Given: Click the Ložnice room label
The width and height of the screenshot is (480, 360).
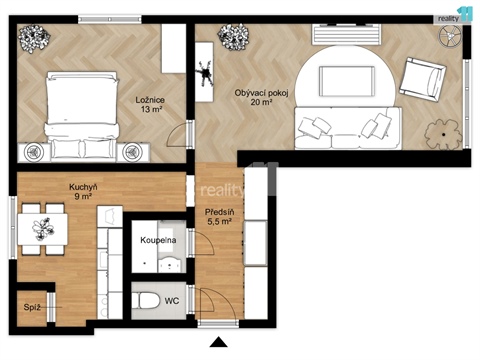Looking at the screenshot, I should coord(150,99).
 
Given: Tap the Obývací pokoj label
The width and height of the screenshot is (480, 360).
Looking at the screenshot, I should coord(261,92).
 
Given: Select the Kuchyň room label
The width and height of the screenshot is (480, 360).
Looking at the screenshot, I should coord(82,187).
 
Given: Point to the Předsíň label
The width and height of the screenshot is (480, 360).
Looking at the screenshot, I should coord(219,213).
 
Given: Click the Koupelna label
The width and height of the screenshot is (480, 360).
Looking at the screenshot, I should coord(159,241).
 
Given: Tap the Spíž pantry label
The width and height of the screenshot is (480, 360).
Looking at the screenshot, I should coord(32,306).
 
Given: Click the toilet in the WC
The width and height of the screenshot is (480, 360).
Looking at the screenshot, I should coord(146,298).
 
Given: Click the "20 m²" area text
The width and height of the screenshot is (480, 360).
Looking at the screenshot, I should coord(263,102).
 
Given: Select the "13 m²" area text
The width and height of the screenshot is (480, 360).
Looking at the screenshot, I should coord(150,110).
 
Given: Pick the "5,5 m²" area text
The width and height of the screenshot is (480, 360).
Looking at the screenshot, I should coord(219,223).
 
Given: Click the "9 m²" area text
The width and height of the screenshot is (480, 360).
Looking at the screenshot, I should coord(82,197).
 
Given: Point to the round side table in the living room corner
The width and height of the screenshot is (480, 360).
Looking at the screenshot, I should coord(450,34).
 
